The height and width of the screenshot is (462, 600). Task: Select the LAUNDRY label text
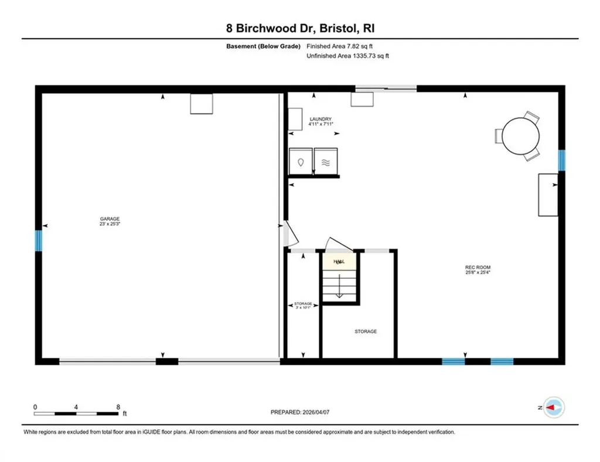pyautogui.click(x=321, y=119)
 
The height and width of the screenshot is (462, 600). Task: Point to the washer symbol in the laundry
pyautogui.click(x=301, y=162)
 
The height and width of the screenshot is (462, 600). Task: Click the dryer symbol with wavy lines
pyautogui.click(x=326, y=162)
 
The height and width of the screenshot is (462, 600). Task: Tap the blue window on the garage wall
pyautogui.click(x=39, y=240)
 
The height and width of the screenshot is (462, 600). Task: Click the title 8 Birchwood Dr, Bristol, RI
pyautogui.click(x=299, y=28)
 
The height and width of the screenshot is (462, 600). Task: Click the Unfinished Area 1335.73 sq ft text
pyautogui.click(x=348, y=56)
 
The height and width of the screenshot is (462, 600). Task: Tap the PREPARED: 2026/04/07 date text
pyautogui.click(x=300, y=412)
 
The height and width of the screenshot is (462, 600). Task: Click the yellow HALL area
pyautogui.click(x=339, y=261)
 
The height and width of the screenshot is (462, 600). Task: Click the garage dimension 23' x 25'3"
pyautogui.click(x=110, y=224)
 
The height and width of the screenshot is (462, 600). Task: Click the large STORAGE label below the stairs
pyautogui.click(x=366, y=331)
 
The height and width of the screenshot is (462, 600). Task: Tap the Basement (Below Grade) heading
pyautogui.click(x=263, y=46)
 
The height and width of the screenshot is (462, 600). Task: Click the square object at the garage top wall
pyautogui.click(x=202, y=104)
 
